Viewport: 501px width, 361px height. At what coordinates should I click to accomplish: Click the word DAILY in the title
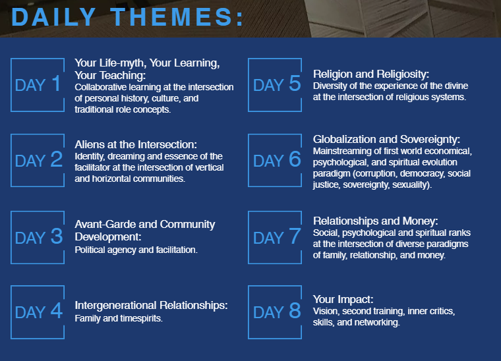pos(53,16)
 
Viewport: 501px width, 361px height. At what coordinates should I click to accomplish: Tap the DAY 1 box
pos(11,85)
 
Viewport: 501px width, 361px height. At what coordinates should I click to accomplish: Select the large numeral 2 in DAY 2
pos(56,159)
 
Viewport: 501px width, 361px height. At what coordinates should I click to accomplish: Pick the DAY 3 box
pos(11,237)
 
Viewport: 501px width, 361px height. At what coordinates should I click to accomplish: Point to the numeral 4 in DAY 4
pos(56,310)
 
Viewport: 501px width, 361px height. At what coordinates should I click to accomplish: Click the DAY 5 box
pos(249,85)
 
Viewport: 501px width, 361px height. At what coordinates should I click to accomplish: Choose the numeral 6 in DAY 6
pos(295,159)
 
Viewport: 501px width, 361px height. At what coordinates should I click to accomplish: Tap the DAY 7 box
pos(249,237)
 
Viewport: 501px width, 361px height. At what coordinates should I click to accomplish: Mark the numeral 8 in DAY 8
pos(295,310)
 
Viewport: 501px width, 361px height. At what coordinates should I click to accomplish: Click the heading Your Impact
pos(343,299)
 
